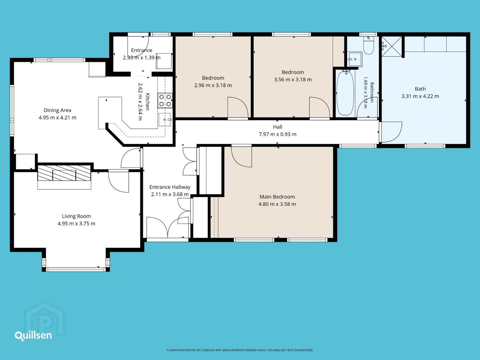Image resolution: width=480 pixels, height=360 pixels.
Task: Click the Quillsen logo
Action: coord(33,336)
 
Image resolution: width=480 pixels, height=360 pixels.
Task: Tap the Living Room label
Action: coord(76,216)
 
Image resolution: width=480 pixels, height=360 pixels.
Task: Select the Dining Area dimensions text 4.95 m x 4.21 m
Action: coord(58,118)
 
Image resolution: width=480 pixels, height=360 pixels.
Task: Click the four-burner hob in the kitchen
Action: coord(165,101)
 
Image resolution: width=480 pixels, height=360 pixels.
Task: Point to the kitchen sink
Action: coord(165,120)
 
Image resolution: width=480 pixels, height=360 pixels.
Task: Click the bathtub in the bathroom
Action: coord(345,93)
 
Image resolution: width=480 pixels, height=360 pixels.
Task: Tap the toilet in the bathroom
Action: coord(369,45)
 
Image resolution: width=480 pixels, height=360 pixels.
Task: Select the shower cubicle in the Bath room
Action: coord(392,47)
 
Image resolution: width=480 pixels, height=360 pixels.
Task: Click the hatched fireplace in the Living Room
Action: coord(64,173)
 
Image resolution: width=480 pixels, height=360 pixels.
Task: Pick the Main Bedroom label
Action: coord(277,197)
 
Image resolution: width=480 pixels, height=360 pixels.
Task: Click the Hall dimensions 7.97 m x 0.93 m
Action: coord(278,134)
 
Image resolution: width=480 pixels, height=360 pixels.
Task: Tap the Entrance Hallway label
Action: coord(170,187)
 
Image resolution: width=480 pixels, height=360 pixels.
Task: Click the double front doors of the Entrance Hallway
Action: coord(168,227)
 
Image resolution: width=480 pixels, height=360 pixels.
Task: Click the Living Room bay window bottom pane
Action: coord(76,270)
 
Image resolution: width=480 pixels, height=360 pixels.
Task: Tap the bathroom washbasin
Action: coord(355,59)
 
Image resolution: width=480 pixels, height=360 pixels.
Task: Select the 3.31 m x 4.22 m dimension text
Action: coord(420,96)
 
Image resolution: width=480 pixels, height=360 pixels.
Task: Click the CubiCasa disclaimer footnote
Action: coord(240,350)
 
